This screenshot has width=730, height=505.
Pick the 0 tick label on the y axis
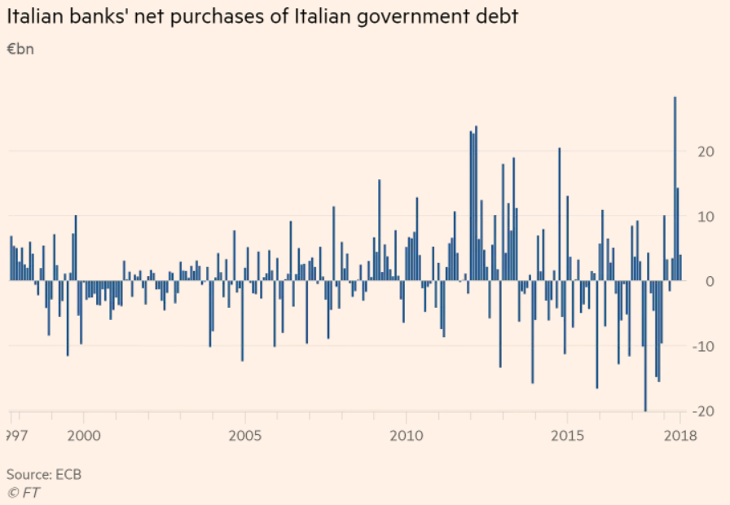tap(688, 282)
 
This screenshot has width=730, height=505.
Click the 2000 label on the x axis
tap(84, 436)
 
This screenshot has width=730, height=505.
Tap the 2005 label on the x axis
tap(244, 436)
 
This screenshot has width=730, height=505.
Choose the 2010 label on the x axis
tap(406, 436)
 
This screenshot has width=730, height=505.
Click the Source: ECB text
tap(44, 474)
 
